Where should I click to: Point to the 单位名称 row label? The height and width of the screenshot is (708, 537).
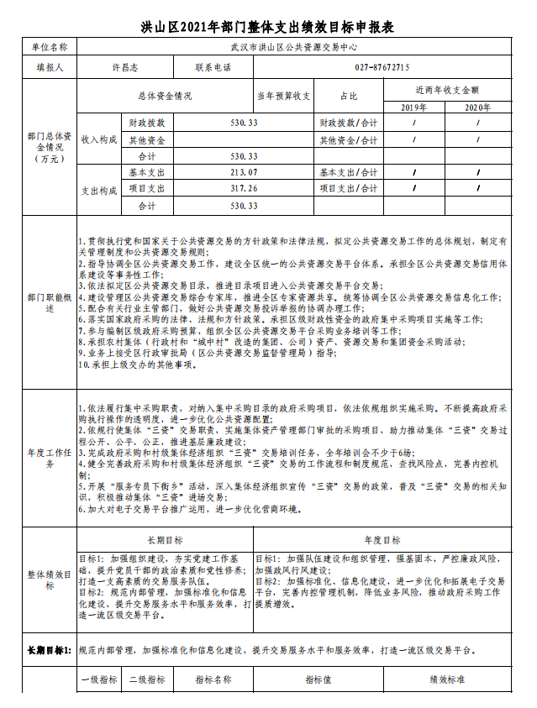pyautogui.click(x=49, y=47)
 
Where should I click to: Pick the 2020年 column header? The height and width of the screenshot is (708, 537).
pyautogui.click(x=477, y=108)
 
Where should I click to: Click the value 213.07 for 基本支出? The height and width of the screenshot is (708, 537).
pyautogui.click(x=244, y=172)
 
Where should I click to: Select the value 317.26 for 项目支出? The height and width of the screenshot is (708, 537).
pyautogui.click(x=244, y=188)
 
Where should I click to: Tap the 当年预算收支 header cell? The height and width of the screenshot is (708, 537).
pyautogui.click(x=284, y=96)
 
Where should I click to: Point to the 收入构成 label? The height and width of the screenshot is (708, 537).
pyautogui.click(x=99, y=139)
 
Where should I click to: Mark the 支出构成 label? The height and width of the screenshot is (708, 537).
pyautogui.click(x=99, y=189)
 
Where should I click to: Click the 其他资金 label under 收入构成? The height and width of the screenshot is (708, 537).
pyautogui.click(x=147, y=139)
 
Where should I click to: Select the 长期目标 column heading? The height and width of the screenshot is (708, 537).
pyautogui.click(x=165, y=540)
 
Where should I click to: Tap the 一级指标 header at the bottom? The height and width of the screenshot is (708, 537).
pyautogui.click(x=99, y=679)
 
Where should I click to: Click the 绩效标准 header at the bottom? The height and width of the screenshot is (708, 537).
pyautogui.click(x=447, y=679)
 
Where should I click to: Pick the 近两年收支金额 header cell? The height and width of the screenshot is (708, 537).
pyautogui.click(x=447, y=89)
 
